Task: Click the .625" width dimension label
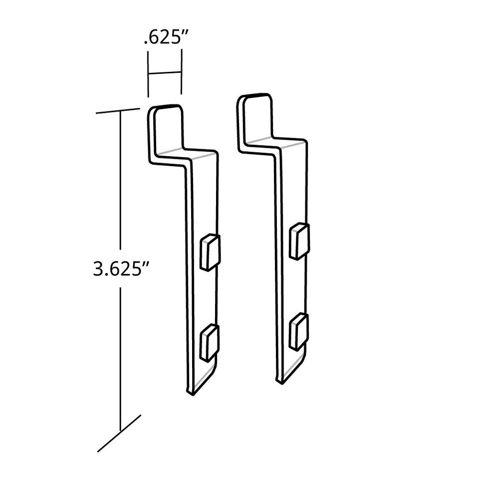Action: point(165,38)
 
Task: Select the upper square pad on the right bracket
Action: point(299,241)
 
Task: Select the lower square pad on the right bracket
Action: point(298,331)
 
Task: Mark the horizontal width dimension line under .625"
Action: point(165,73)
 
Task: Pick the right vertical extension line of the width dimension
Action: point(181,71)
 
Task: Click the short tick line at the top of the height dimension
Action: point(118,111)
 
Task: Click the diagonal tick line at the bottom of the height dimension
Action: point(119,433)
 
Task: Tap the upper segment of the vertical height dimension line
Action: point(120,180)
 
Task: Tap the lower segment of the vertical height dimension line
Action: point(120,359)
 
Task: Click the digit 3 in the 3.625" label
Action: point(98,269)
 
